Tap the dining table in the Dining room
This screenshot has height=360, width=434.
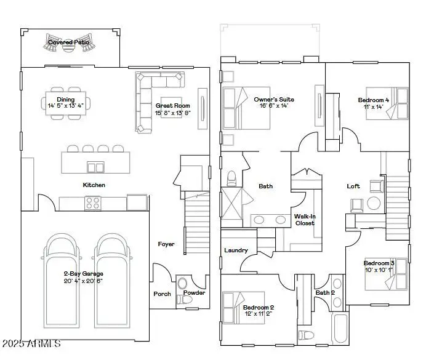pos(66,102)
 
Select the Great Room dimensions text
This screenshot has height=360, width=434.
pos(172,113)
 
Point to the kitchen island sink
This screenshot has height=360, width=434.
pos(95,167)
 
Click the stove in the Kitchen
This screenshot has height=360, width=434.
pos(93,202)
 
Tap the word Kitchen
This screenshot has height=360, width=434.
pos(94,185)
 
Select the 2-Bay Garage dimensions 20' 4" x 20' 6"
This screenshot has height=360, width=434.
pos(83,281)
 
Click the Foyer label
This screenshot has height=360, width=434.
pos(166,244)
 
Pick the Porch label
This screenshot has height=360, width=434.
pos(162,294)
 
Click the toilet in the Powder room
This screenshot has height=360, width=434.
pos(183,285)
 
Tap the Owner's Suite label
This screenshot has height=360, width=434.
pos(274,99)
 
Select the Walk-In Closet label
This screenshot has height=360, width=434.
pos(304,220)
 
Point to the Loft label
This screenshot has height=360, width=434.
pos(353,186)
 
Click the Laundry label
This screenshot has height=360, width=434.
pos(236,250)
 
